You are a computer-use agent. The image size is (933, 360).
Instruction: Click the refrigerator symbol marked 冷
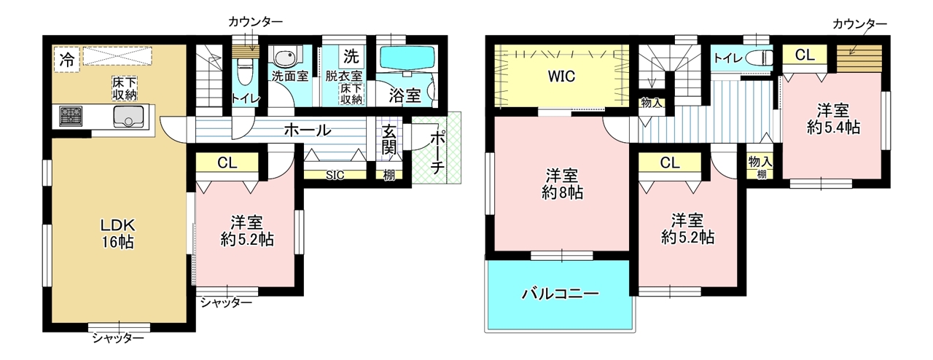(x=66, y=60)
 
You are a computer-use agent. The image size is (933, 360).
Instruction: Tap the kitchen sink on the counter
(x=129, y=117)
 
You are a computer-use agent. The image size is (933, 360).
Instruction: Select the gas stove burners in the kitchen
(x=71, y=117)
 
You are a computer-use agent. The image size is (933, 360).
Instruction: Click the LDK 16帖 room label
(x=118, y=233)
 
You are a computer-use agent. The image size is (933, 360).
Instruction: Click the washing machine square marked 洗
(x=351, y=56)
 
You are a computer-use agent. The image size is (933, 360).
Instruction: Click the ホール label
(x=308, y=130)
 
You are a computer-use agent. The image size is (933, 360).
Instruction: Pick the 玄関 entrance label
(x=389, y=141)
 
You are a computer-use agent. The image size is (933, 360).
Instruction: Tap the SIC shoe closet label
(x=335, y=176)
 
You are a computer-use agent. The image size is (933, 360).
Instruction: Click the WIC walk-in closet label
(x=561, y=77)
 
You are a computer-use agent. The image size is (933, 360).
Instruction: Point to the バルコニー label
(x=561, y=294)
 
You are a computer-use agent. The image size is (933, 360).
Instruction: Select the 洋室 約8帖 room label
(x=562, y=184)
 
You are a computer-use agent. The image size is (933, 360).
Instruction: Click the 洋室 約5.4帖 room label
(x=833, y=119)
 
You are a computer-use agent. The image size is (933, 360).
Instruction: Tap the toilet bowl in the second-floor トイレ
(x=760, y=58)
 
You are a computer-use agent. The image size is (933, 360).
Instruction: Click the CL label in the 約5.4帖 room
(x=804, y=55)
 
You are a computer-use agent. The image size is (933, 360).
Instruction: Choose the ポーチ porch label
(x=437, y=153)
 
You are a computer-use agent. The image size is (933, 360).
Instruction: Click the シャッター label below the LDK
(x=118, y=337)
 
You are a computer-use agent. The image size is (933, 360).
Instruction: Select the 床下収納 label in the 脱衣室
(x=351, y=94)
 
